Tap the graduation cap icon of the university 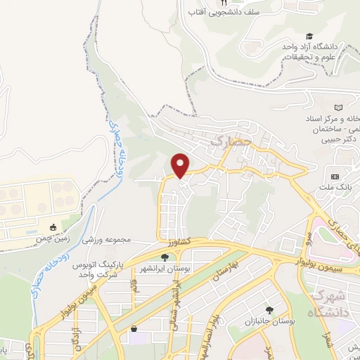tap(309, 36)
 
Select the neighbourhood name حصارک tap(226, 143)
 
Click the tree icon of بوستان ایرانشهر tap(165, 258)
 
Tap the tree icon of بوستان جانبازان tap(269, 310)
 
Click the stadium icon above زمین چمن tap(53, 227)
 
